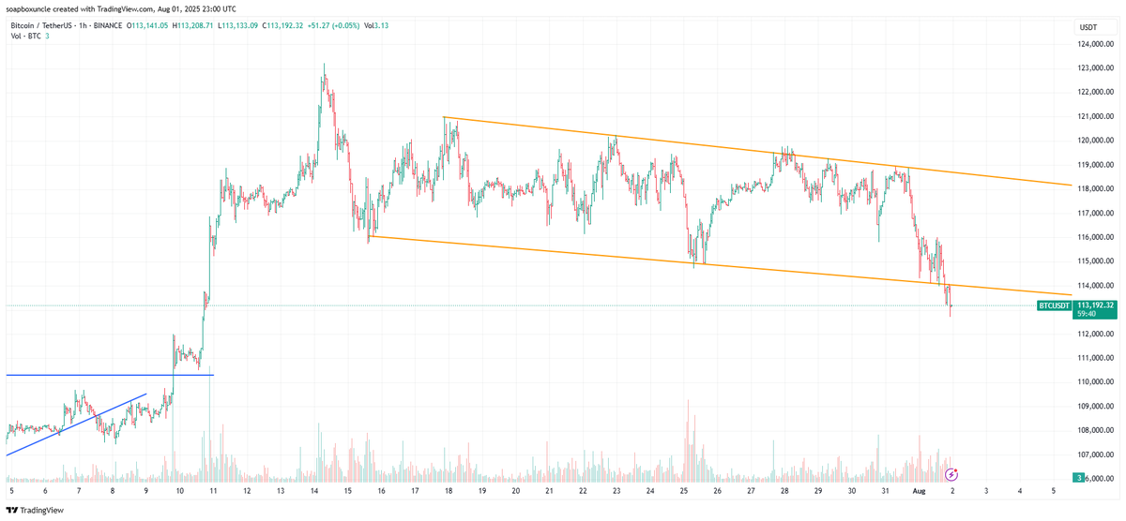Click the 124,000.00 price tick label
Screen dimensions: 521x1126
[1094, 43]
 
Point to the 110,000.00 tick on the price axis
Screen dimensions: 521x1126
[1094, 381]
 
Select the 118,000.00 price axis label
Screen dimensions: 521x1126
[1094, 188]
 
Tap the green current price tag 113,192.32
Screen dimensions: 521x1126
[1095, 305]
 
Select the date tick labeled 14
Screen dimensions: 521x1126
[313, 489]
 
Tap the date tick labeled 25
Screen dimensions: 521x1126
[684, 489]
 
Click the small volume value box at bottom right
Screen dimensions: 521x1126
[1080, 478]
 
